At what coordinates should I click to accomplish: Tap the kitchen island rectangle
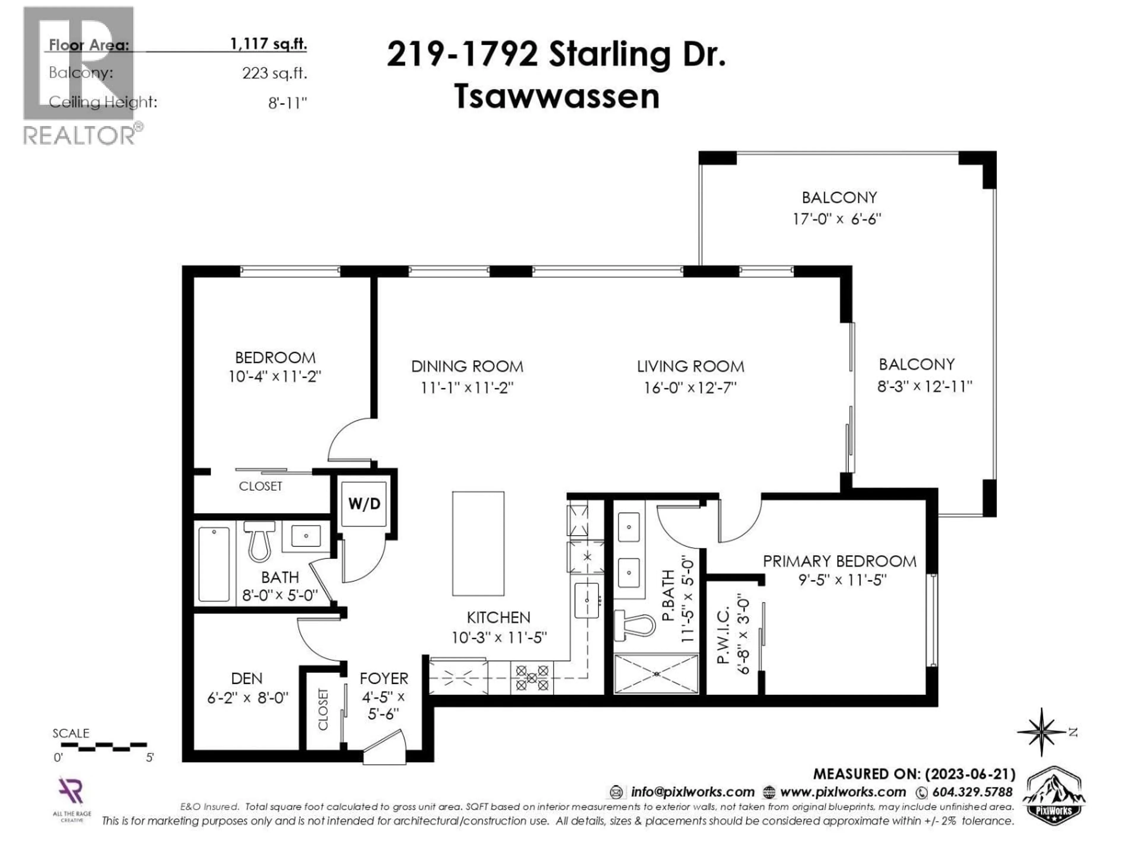click(x=478, y=544)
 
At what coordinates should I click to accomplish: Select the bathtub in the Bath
click(x=214, y=564)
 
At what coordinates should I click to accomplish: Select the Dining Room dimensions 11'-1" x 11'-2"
click(x=467, y=388)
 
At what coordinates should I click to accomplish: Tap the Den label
click(x=247, y=678)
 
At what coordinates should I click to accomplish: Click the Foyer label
click(x=384, y=678)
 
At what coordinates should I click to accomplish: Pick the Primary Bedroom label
click(x=839, y=561)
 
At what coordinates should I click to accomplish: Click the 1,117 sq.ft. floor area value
click(x=268, y=44)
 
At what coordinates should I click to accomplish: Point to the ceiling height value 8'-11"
click(x=287, y=103)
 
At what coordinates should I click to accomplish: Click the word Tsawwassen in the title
click(x=557, y=96)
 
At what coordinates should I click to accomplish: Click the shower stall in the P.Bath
click(x=656, y=673)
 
